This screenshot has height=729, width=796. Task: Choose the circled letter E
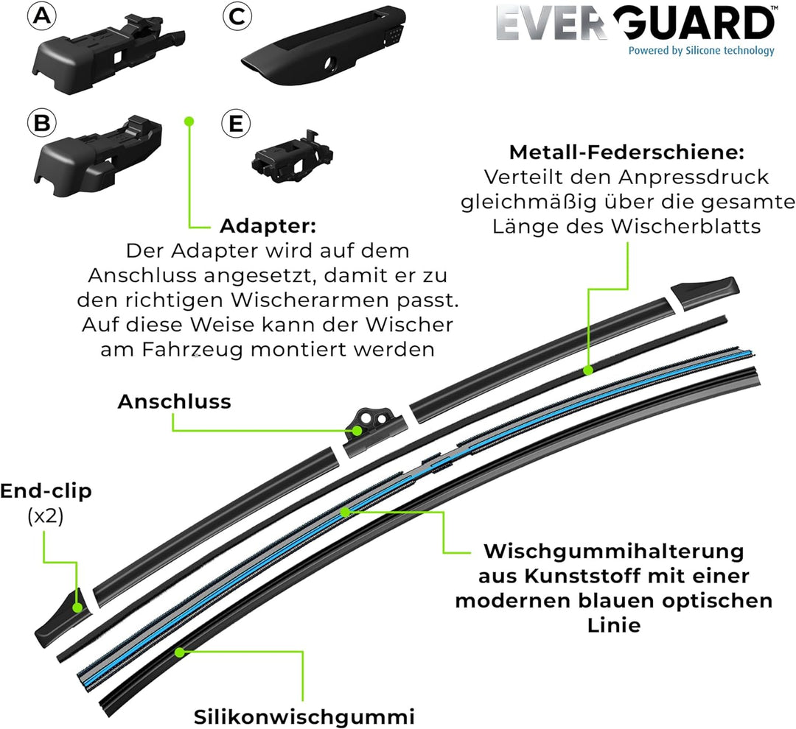pyautogui.click(x=235, y=123)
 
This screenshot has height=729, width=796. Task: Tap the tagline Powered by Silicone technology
pyautogui.click(x=701, y=51)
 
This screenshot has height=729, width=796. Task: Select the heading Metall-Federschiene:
pyautogui.click(x=626, y=153)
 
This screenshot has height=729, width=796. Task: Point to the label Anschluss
pyautogui.click(x=175, y=401)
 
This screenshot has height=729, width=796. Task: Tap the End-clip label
pyautogui.click(x=46, y=491)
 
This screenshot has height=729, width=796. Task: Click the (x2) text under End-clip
pyautogui.click(x=45, y=516)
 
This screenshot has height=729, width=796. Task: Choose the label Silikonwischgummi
pyautogui.click(x=304, y=716)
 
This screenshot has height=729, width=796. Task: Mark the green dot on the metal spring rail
pyautogui.click(x=587, y=370)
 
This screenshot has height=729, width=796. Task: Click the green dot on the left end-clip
pyautogui.click(x=77, y=607)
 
